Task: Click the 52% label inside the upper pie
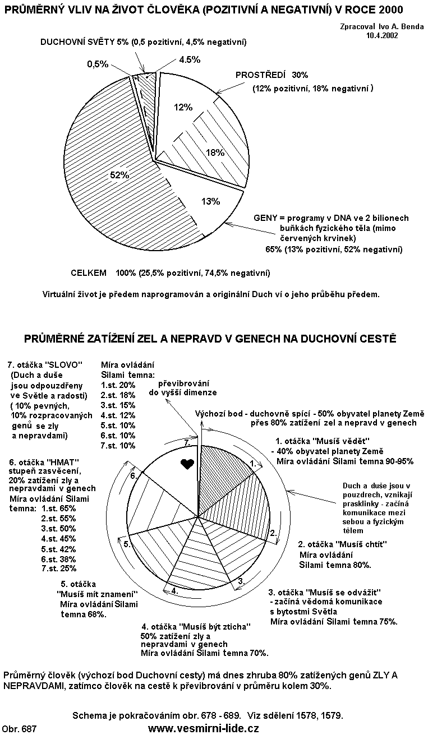[119, 175]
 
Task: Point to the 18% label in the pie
[215, 152]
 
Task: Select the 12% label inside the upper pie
[183, 107]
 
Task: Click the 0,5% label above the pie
[98, 64]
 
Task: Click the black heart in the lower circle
[187, 464]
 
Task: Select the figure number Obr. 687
[20, 728]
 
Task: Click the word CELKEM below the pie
[89, 273]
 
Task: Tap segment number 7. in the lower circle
[188, 443]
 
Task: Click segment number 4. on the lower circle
[175, 590]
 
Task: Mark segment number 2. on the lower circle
[273, 533]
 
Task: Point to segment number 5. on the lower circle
[127, 543]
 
